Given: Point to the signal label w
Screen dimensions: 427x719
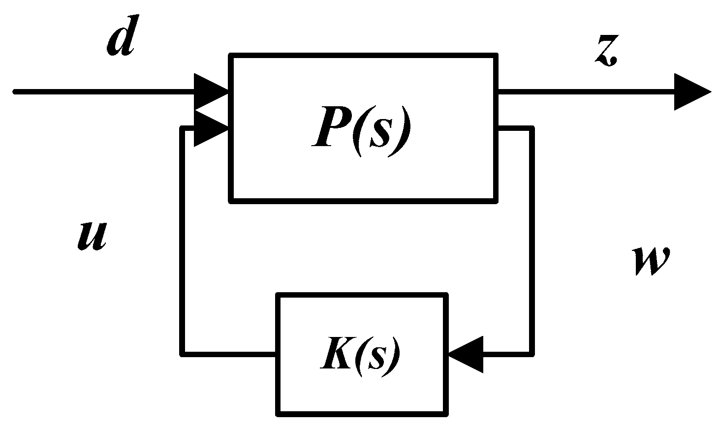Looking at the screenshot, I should click(651, 260).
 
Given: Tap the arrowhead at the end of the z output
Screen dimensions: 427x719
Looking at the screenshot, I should click(691, 92).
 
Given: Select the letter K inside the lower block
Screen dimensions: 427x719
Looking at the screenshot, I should click(334, 355).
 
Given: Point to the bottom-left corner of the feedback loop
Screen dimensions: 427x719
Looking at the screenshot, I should click(183, 353).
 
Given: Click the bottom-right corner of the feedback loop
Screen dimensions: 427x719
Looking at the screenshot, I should click(531, 353).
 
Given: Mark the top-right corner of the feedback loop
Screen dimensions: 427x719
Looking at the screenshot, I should click(531, 128).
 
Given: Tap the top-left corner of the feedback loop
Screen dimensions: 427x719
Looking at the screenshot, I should click(183, 128).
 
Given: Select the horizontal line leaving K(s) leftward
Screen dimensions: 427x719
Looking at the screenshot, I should click(229, 353).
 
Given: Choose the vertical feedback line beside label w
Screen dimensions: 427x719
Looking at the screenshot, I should click(531, 241).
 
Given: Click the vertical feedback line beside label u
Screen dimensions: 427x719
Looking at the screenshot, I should click(183, 241).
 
